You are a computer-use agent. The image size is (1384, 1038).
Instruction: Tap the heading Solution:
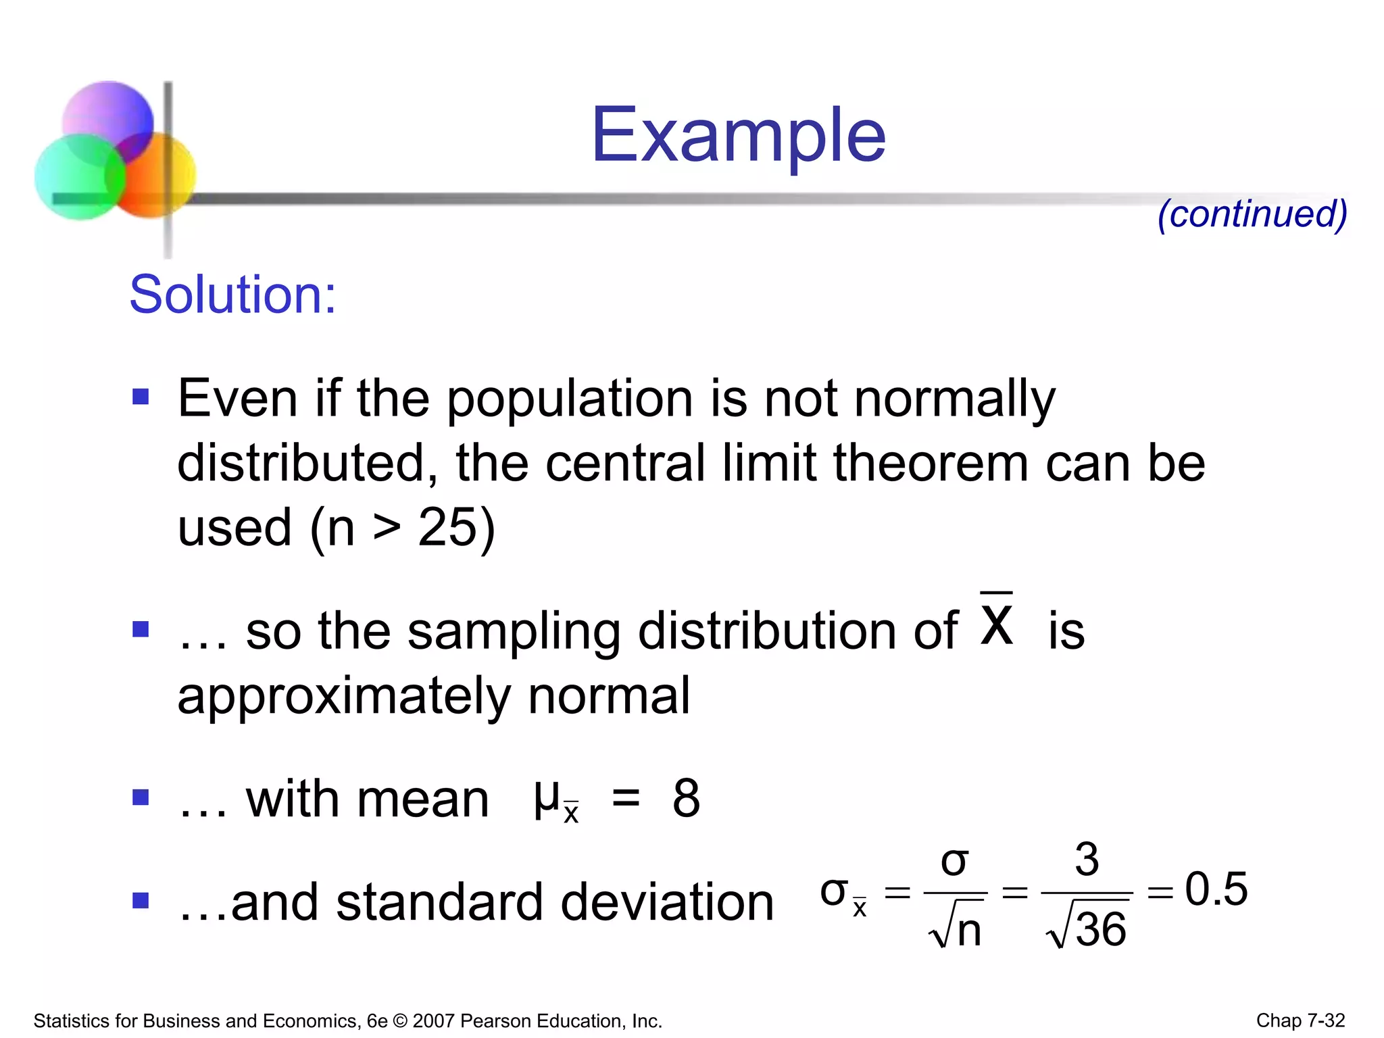pyautogui.click(x=232, y=295)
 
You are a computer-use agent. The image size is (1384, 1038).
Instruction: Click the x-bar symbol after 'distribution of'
pyautogui.click(x=997, y=622)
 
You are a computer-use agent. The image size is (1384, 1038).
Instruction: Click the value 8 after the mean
pyautogui.click(x=686, y=798)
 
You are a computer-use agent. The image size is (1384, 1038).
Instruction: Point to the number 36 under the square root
pyautogui.click(x=1100, y=929)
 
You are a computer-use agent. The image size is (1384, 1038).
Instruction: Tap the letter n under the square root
pyautogui.click(x=968, y=931)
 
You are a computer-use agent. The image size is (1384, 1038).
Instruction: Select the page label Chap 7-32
pyautogui.click(x=1300, y=1020)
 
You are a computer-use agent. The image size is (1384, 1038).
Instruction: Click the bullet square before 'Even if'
pyautogui.click(x=141, y=396)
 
